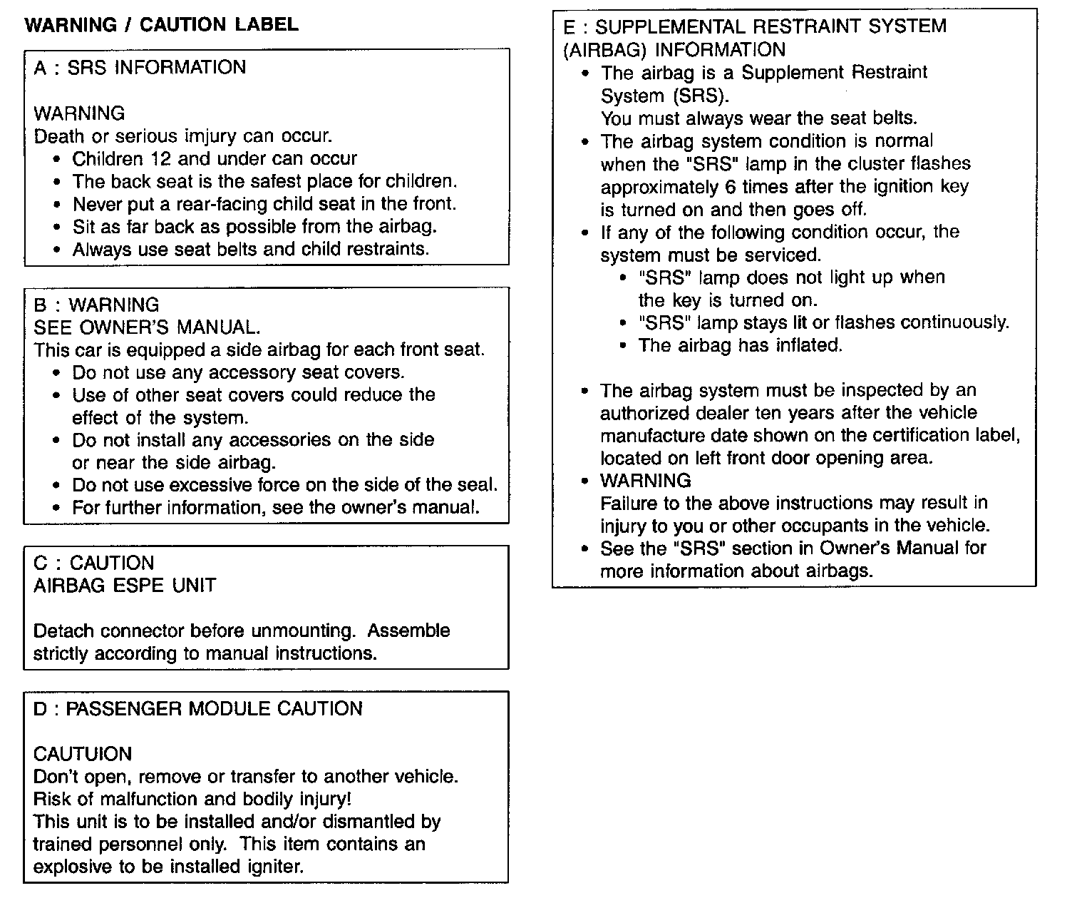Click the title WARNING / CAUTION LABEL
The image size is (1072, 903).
(161, 25)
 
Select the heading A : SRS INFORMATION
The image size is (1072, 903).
(140, 68)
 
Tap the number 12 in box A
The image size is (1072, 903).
(161, 158)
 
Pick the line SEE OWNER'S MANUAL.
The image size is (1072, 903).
(147, 327)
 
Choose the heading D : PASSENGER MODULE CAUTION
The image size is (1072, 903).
(198, 709)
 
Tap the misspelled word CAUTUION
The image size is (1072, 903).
(83, 755)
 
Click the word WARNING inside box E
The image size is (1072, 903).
(645, 481)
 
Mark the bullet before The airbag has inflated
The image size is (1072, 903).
(624, 346)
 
